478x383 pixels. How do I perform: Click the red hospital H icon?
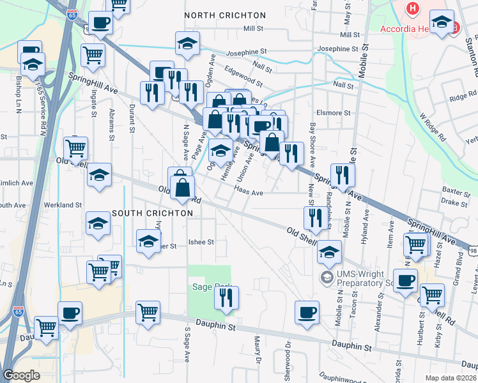coord(413,9)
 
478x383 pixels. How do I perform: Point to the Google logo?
coord(21,375)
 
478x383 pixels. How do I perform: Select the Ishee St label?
coord(201,243)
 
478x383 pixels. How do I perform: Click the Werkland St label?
coord(63,206)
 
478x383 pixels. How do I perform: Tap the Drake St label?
coord(454,203)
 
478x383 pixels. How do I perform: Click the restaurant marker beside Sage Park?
coord(226,297)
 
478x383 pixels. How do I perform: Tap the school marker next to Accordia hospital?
coord(442,21)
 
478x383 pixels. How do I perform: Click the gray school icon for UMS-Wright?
coord(327,276)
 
